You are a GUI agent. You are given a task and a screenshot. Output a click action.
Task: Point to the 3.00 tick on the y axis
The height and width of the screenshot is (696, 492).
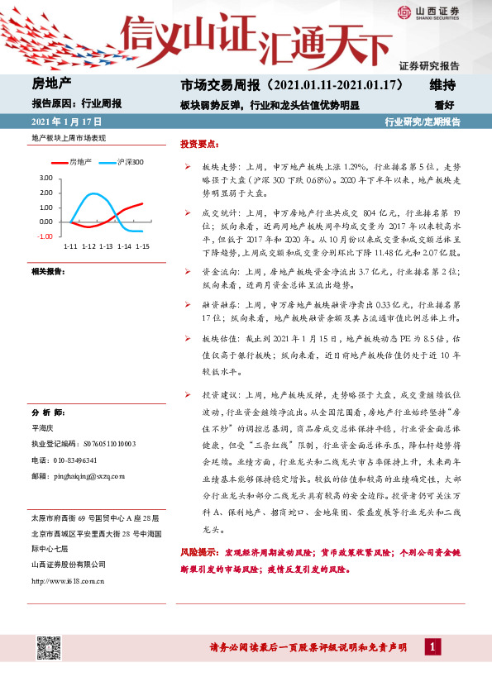pos(45,178)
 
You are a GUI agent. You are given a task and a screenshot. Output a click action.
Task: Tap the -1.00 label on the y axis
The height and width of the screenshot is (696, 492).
pos(45,236)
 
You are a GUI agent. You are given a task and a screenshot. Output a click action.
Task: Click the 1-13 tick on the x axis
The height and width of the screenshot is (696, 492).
pos(106,247)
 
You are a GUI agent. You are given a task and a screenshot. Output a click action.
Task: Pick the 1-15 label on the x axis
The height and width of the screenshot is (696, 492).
pos(142,247)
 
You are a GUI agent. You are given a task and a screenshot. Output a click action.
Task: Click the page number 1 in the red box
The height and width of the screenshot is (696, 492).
pos(432,646)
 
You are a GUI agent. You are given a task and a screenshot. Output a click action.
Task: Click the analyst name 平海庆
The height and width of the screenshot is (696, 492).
pos(43,428)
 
